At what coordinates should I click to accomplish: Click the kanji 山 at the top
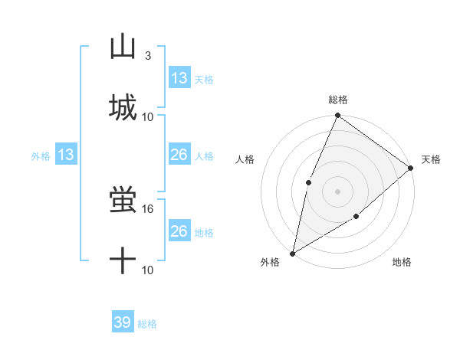point(123,47)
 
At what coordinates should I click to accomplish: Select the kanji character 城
point(123,106)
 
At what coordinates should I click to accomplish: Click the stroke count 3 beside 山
point(148,56)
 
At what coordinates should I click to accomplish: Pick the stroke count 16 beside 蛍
point(149,208)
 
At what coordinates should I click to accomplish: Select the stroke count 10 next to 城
point(149,116)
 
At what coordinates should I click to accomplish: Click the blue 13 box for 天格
point(179,77)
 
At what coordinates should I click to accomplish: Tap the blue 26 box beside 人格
point(179,155)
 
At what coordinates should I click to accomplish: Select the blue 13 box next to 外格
point(65,155)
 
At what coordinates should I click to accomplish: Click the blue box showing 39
point(123,322)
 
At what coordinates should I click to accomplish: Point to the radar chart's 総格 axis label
point(338,100)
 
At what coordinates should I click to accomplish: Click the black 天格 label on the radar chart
point(431,159)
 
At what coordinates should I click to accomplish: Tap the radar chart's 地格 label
point(402,262)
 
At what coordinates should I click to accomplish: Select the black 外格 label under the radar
point(271,262)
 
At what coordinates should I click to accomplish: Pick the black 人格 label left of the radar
point(245,159)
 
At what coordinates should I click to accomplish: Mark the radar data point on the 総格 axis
point(337,116)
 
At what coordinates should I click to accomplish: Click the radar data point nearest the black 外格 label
point(293,253)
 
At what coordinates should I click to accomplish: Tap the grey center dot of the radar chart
point(337,191)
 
